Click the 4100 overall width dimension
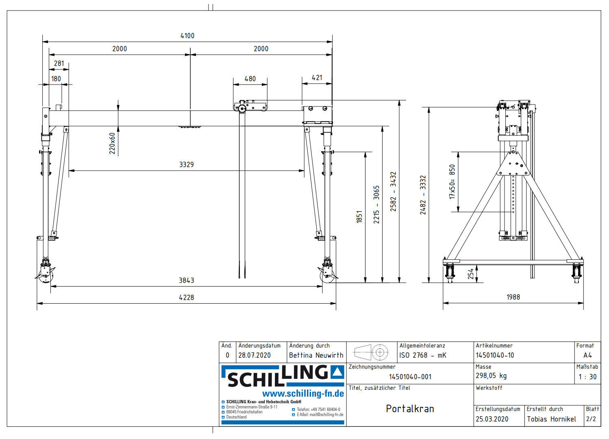[187, 36]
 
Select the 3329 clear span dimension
[186, 165]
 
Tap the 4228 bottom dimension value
[186, 298]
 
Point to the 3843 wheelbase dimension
[186, 280]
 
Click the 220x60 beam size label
[112, 143]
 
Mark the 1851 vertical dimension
[359, 217]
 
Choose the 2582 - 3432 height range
[393, 191]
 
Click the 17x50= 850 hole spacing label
[452, 181]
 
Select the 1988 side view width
[513, 297]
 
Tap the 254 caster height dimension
[471, 274]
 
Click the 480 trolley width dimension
[250, 79]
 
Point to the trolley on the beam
[250, 106]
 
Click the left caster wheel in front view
[45, 274]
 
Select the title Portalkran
[410, 409]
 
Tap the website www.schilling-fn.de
[303, 393]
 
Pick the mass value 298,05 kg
[491, 376]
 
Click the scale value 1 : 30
[587, 377]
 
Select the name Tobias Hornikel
[551, 419]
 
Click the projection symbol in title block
[372, 352]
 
